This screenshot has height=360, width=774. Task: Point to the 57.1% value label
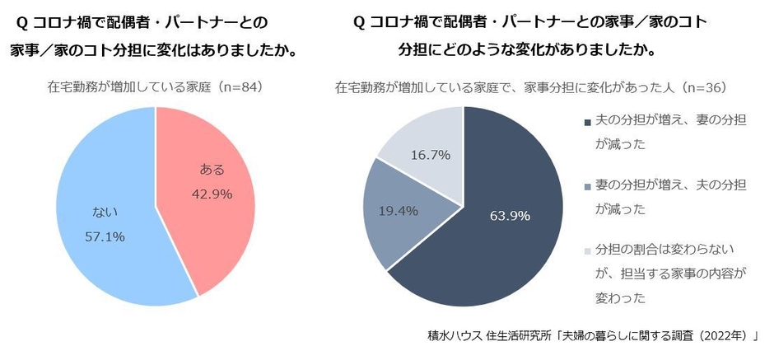point(105,237)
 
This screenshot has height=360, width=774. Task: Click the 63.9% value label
point(510,216)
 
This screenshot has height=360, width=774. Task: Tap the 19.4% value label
point(397,211)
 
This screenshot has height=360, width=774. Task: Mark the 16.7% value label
point(431,154)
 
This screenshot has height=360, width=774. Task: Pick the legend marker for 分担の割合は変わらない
point(587,250)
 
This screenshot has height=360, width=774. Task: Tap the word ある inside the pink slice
point(212,170)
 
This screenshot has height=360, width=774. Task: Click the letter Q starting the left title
point(20,21)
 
